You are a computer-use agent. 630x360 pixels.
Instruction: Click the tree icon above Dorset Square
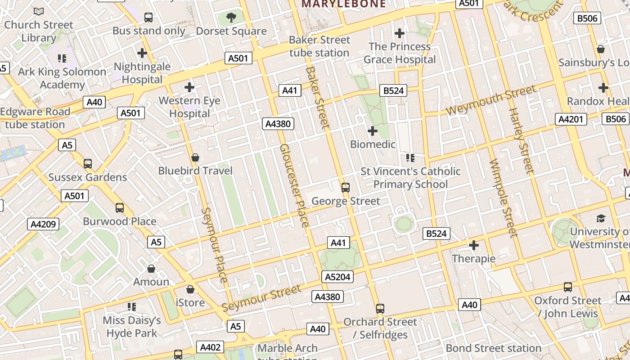point(231,18)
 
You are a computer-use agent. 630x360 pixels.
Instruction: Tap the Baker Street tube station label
point(319,46)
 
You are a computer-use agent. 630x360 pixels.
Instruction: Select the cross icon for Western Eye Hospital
point(189,87)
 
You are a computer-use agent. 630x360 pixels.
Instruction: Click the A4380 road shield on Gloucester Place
point(278,124)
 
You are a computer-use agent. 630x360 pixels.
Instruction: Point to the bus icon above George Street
point(346,188)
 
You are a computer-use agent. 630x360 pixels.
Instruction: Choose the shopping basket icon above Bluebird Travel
point(195,157)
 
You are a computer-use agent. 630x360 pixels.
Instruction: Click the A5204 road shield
point(337,277)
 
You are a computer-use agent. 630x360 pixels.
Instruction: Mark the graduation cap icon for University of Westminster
point(601,219)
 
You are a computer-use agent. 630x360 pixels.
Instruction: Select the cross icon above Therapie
point(473,245)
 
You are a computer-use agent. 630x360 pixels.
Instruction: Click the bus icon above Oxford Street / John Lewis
point(568,287)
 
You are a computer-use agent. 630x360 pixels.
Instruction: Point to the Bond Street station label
point(493,348)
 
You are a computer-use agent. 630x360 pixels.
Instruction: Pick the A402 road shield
point(210,347)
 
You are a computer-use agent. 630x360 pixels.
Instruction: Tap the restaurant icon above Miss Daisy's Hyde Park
point(132,307)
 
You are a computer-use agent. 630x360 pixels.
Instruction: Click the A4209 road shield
point(43,224)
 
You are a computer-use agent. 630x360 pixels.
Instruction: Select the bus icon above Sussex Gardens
point(88,164)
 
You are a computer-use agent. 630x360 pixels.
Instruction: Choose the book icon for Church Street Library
point(39,11)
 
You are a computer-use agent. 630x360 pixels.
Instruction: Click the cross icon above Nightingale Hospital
point(142,53)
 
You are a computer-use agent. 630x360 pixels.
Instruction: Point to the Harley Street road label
point(521,140)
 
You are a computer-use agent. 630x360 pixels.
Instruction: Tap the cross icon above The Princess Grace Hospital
point(399,33)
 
